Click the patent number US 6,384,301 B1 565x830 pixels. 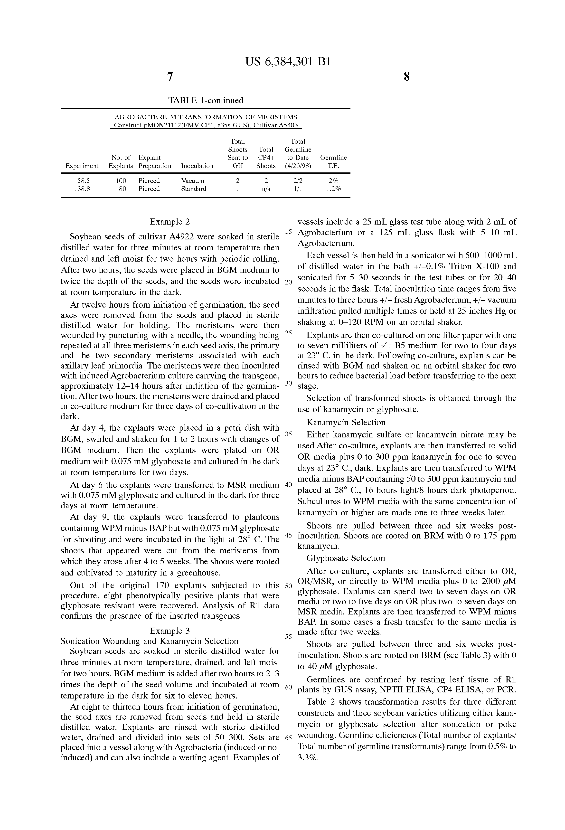pyautogui.click(x=288, y=62)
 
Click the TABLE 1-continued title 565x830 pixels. pyautogui.click(x=206, y=100)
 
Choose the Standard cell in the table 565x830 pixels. pyautogui.click(x=194, y=189)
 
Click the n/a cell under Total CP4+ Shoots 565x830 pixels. pyautogui.click(x=266, y=189)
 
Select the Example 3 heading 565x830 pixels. pyautogui.click(x=170, y=631)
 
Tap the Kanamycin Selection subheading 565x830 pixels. pyautogui.click(x=346, y=423)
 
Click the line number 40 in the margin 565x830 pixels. pyautogui.click(x=289, y=485)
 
